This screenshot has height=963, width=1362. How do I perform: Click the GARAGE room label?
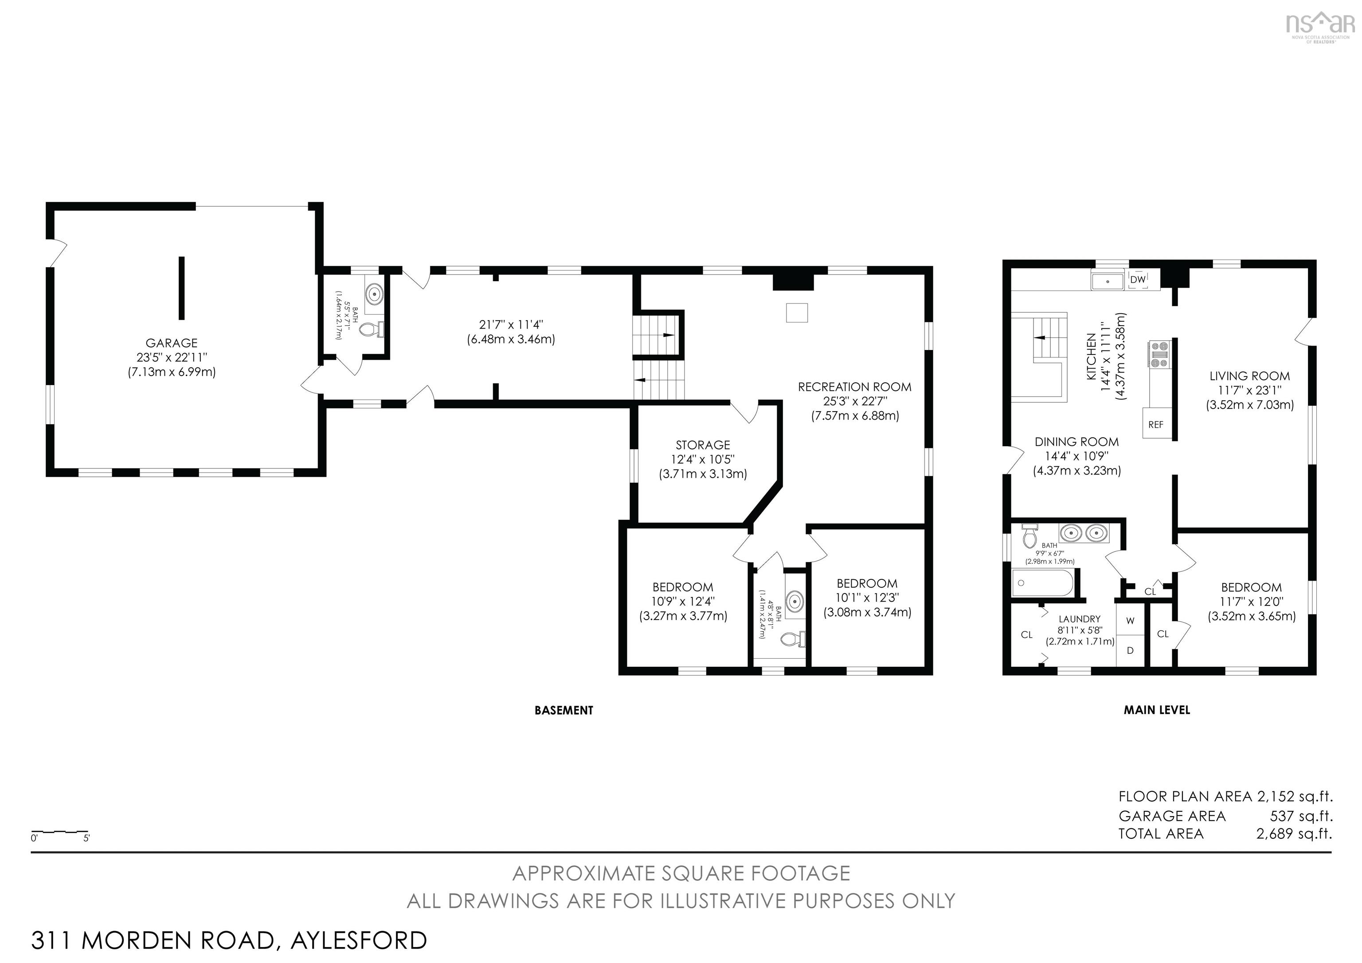coord(172,343)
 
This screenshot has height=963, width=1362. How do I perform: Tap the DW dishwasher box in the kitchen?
coord(1137,280)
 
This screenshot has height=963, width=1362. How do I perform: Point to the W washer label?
coord(1130,621)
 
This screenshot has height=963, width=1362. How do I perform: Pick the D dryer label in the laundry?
coord(1130,650)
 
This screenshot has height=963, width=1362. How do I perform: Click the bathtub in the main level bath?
coord(1042,583)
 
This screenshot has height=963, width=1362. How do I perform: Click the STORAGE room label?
coord(703,445)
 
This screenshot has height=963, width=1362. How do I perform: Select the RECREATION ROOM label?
coord(854,387)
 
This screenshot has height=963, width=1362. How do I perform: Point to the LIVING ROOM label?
coord(1249,376)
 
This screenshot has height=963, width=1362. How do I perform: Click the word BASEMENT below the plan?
coord(564,710)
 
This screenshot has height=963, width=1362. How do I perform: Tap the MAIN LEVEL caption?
coord(1157,710)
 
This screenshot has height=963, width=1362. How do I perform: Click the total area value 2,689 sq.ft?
coord(1294,833)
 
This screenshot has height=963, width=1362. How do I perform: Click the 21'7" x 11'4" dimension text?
coord(511,325)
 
